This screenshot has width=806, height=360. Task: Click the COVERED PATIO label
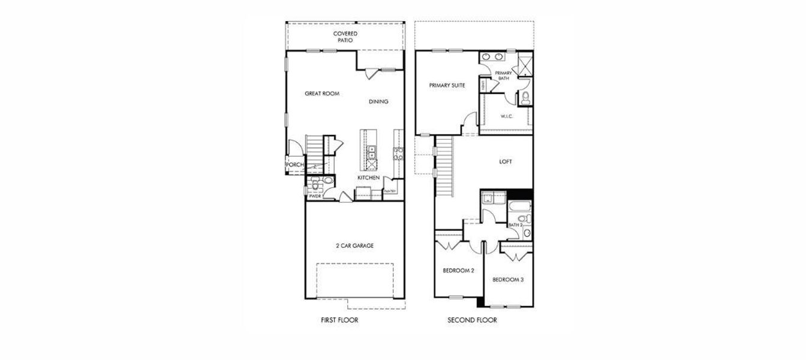(x=345, y=37)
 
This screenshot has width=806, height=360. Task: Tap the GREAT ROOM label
(x=322, y=94)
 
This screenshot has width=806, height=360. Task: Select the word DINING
(x=378, y=101)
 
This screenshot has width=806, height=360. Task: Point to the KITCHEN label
(x=369, y=178)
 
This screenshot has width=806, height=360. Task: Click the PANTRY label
(x=390, y=191)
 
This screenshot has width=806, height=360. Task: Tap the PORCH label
(x=294, y=165)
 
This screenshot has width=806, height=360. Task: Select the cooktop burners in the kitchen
(x=398, y=154)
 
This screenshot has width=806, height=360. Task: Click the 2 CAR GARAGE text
(x=354, y=246)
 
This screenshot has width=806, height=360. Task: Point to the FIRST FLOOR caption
(x=339, y=320)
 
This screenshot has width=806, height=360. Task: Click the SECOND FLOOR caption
(x=472, y=320)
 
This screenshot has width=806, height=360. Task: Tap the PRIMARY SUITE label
(x=447, y=86)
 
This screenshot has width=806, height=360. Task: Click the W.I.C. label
(x=506, y=116)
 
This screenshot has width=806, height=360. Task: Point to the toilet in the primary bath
(x=525, y=98)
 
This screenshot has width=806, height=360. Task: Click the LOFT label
(x=506, y=161)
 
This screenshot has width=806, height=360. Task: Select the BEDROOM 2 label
(x=458, y=271)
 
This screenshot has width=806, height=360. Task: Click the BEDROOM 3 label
(x=508, y=280)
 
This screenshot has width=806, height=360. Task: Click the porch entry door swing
(x=294, y=148)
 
